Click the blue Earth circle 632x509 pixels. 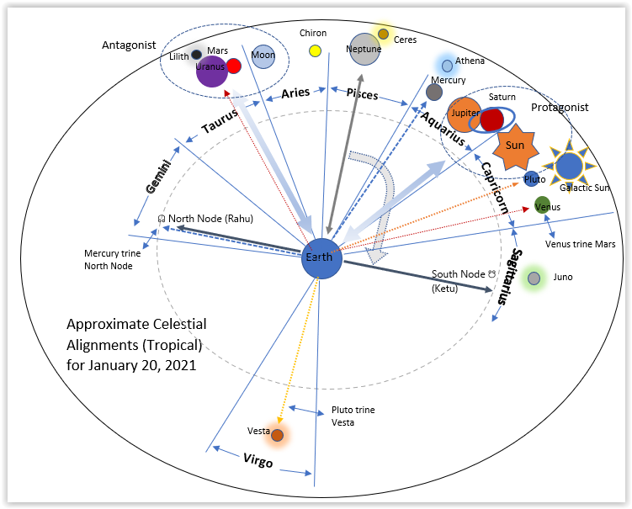(x=322, y=257)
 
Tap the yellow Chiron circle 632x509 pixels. (x=315, y=50)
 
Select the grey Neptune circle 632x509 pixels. (x=365, y=49)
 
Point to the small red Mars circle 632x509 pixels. (x=234, y=66)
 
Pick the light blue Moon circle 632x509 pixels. (x=263, y=56)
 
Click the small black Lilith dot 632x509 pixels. (x=196, y=55)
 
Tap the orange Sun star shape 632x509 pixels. (x=515, y=146)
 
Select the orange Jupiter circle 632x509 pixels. (x=464, y=114)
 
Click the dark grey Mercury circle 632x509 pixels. (x=434, y=92)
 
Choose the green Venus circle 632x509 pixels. (x=543, y=205)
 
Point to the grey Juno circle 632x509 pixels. (x=534, y=278)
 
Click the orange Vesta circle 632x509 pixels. (x=277, y=434)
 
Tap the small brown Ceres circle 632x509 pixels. (x=384, y=34)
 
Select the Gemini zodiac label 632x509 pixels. (x=158, y=177)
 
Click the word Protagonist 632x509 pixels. (x=560, y=108)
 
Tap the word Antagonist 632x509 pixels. (x=129, y=45)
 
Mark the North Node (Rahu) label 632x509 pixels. (x=205, y=219)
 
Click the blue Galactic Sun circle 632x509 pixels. (x=569, y=166)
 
